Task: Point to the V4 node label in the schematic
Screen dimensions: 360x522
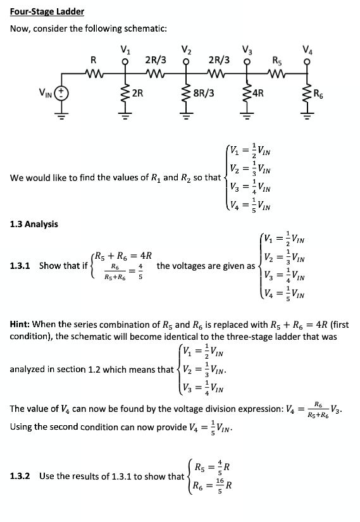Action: pyautogui.click(x=307, y=51)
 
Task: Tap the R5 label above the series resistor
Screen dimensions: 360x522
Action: pyautogui.click(x=277, y=61)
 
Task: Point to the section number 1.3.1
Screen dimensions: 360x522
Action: pyautogui.click(x=23, y=266)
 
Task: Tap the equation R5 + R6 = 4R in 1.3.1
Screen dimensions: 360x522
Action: pyautogui.click(x=124, y=256)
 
